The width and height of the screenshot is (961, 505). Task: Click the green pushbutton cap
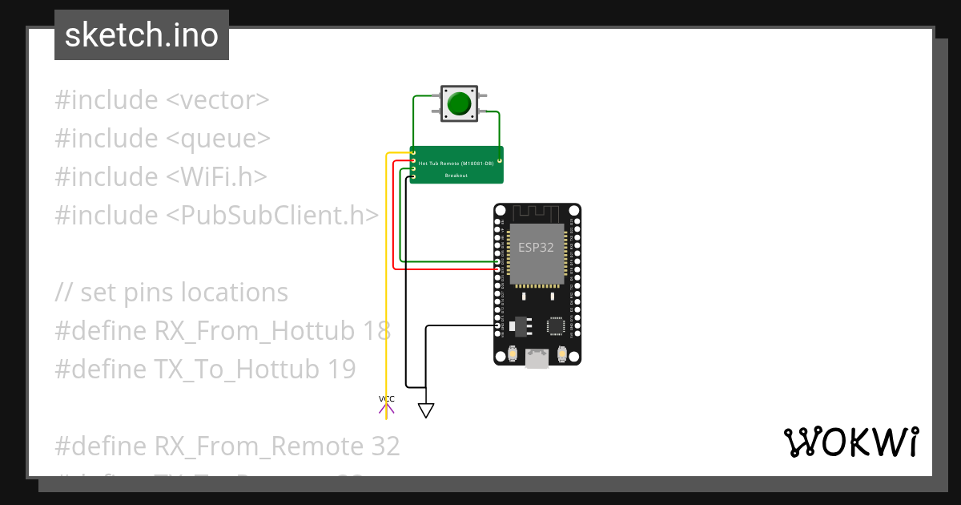[x=458, y=104]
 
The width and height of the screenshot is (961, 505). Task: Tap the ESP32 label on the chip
[x=536, y=247]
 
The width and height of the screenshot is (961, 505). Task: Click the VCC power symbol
[x=387, y=404]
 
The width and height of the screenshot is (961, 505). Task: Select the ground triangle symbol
[x=426, y=410]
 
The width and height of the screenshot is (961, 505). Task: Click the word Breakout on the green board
[x=456, y=175]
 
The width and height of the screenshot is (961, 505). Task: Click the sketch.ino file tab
[x=142, y=35]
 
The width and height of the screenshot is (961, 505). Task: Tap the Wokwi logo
[x=850, y=442]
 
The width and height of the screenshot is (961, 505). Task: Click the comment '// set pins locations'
[x=171, y=293]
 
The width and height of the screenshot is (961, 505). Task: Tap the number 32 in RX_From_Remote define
[x=384, y=446]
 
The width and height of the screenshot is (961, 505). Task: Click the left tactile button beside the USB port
[x=511, y=354]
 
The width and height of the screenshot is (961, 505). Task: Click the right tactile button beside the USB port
[x=562, y=354]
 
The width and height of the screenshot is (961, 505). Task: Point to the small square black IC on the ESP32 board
[x=557, y=325]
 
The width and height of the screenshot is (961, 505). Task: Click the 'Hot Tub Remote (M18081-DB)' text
[x=455, y=163]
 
